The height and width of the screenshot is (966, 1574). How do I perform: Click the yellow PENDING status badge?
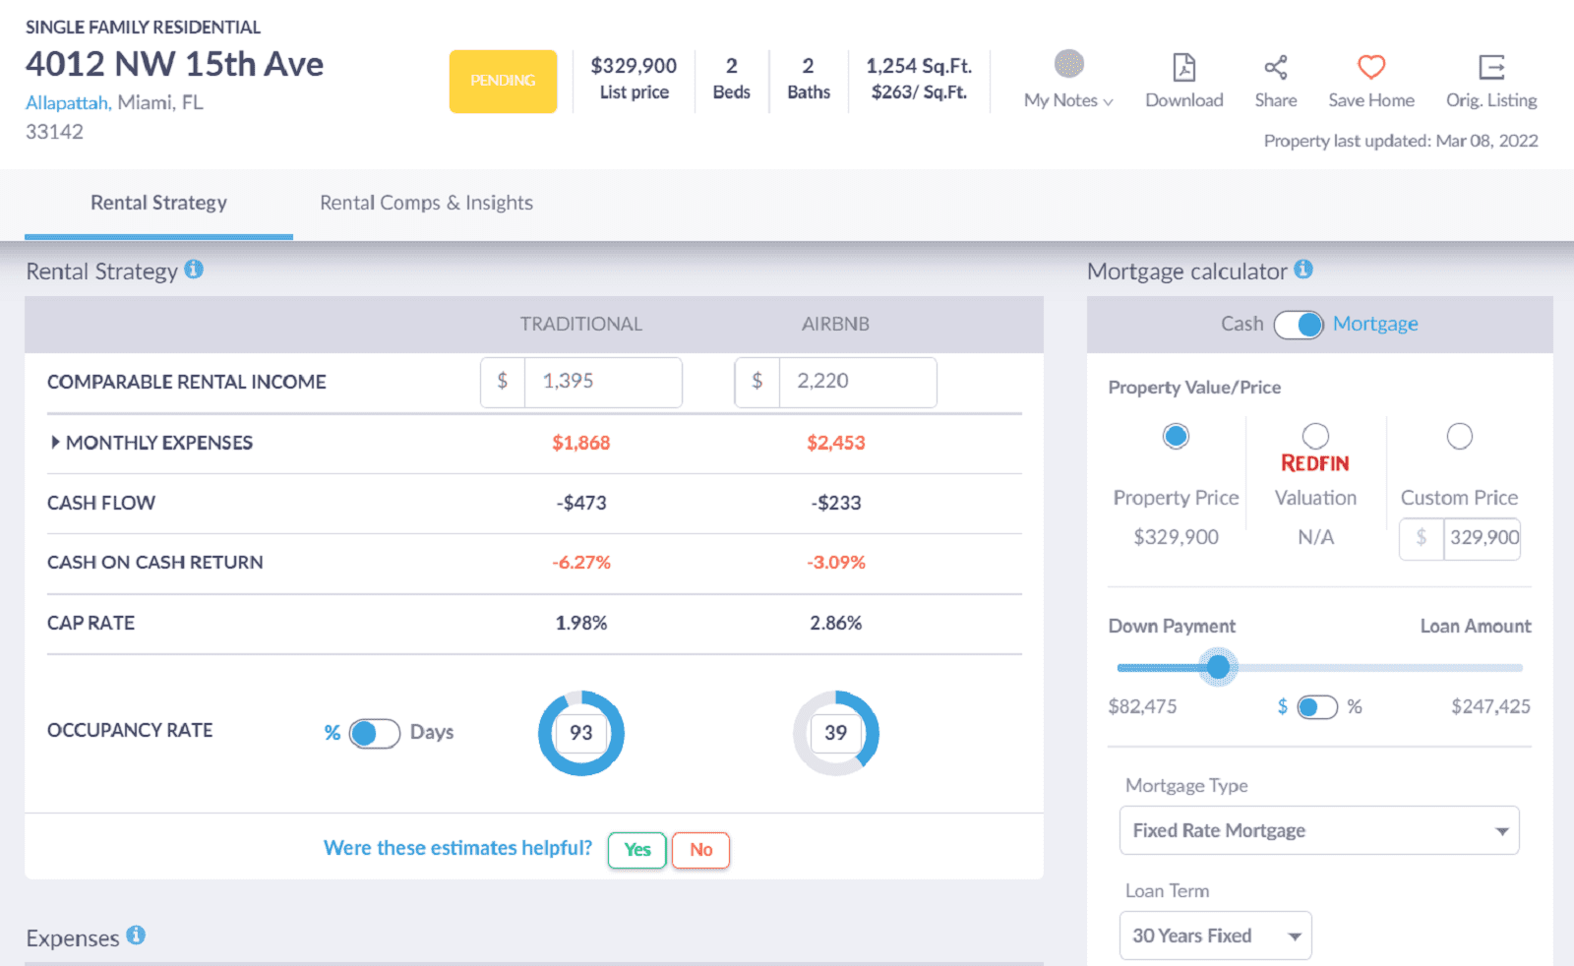(x=503, y=81)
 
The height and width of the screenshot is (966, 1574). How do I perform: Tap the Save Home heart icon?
(x=1371, y=67)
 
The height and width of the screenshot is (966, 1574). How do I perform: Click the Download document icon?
(x=1184, y=67)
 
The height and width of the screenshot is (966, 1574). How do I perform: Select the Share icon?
(x=1276, y=67)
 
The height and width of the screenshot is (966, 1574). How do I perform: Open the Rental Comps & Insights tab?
(x=426, y=203)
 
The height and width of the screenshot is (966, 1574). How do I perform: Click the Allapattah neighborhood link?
(x=67, y=102)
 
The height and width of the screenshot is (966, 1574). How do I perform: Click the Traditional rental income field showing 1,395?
(x=602, y=382)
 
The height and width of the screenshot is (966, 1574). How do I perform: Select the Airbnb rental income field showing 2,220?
(x=857, y=382)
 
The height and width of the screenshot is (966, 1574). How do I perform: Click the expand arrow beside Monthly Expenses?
(x=55, y=443)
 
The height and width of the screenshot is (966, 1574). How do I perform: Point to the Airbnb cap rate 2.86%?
(x=836, y=623)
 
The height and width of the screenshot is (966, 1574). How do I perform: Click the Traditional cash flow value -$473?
(x=581, y=503)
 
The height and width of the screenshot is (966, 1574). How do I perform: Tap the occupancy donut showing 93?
(x=581, y=733)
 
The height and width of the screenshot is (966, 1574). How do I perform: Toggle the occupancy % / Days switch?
(x=374, y=733)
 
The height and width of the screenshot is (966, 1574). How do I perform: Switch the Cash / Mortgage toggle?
(x=1299, y=325)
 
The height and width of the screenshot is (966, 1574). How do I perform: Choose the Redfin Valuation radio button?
(x=1315, y=436)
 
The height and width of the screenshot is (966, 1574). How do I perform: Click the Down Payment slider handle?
(x=1218, y=667)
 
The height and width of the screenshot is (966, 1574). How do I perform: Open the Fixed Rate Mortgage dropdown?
(x=1318, y=830)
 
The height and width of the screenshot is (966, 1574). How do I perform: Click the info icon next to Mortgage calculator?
(x=1303, y=270)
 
